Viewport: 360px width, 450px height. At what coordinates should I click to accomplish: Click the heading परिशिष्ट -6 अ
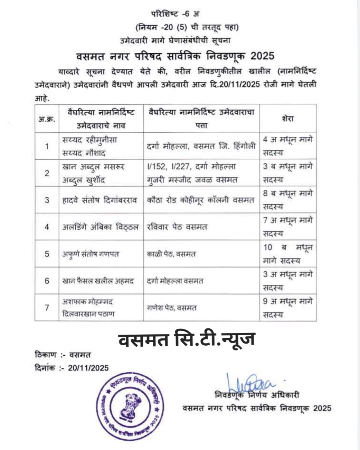175,14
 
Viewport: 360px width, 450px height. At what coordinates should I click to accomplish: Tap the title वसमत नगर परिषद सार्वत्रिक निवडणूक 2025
175,56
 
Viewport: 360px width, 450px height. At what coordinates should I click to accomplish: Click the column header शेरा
287,118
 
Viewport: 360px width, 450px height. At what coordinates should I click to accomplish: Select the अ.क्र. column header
47,119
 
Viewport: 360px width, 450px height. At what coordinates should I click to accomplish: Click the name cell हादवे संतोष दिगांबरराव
100,200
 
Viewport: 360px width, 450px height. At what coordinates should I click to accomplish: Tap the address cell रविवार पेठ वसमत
177,227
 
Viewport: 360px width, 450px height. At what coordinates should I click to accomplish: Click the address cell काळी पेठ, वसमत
171,254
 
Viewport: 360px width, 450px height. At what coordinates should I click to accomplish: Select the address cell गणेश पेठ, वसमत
172,308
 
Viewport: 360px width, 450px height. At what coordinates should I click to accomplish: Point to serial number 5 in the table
47,254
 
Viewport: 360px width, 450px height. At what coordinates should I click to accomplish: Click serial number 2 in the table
47,173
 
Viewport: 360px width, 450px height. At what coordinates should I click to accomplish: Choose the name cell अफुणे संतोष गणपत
91,254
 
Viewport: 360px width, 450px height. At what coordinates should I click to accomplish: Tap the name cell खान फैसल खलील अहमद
98,281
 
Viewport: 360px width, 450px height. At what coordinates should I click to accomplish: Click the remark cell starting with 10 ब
287,254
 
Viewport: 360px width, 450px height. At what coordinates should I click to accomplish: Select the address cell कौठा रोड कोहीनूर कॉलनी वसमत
200,200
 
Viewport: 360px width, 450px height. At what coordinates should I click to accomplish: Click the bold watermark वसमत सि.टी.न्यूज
187,339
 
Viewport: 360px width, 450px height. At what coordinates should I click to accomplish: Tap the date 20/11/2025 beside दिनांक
88,368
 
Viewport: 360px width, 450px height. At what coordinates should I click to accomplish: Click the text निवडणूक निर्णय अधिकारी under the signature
257,395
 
